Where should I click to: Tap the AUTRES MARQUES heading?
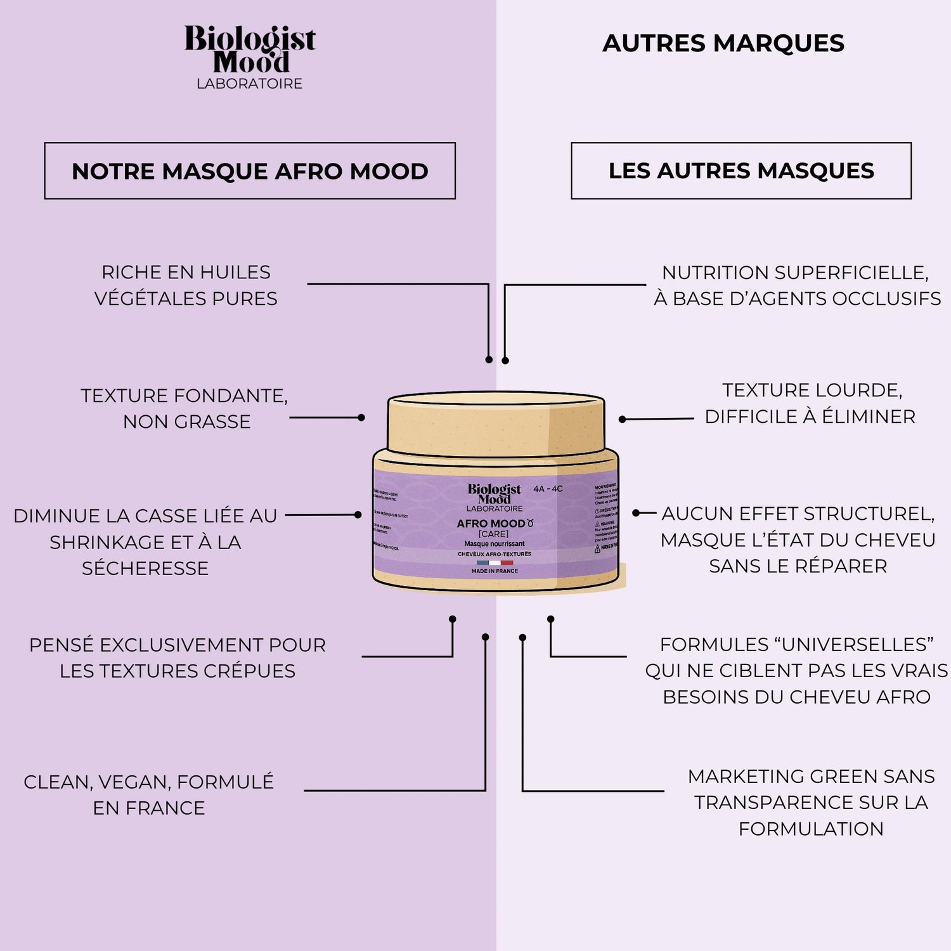(x=723, y=43)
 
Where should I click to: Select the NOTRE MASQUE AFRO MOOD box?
(x=250, y=171)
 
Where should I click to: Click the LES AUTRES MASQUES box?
(x=741, y=171)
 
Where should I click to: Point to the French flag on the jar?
(x=495, y=562)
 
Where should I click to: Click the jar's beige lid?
(x=496, y=424)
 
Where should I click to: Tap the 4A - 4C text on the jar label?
(x=548, y=489)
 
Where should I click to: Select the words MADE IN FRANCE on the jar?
(x=495, y=571)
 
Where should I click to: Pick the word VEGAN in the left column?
(x=133, y=782)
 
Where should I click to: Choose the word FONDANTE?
(x=228, y=396)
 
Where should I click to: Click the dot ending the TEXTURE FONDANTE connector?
(x=361, y=418)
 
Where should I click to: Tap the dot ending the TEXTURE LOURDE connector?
(x=623, y=419)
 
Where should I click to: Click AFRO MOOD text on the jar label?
(x=491, y=524)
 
